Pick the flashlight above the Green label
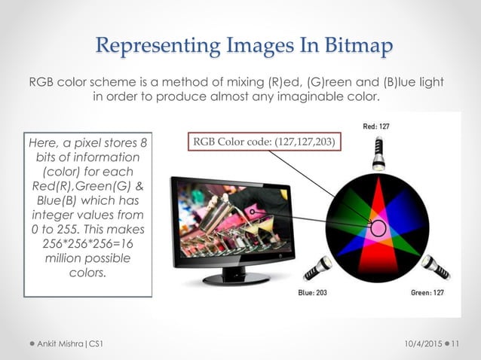click(x=435, y=267)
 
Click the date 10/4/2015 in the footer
click(x=419, y=343)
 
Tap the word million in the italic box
click(x=71, y=258)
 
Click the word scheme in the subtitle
click(x=111, y=81)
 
